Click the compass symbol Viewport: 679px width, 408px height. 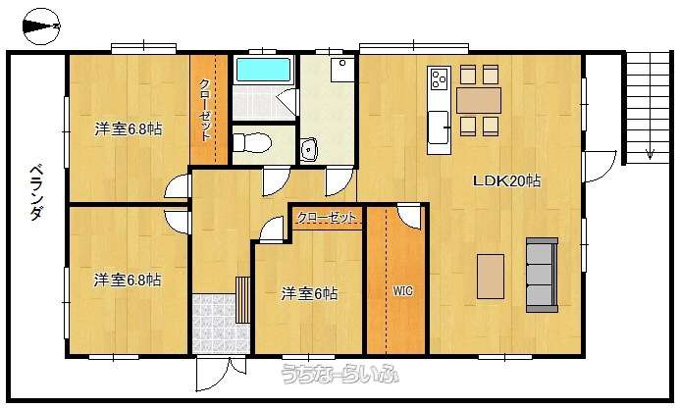pos(41,26)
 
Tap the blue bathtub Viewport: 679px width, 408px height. pos(263,70)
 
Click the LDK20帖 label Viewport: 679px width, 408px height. pos(506,180)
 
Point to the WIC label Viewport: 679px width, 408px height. pos(402,290)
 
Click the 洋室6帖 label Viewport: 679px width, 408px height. pos(309,294)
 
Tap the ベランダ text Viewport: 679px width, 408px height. pos(37,192)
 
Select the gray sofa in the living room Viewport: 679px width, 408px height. pos(543,275)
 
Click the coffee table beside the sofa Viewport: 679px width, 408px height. pos(491,277)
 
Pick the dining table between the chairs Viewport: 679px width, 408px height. pos(479,100)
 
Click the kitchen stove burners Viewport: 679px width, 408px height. pos(440,78)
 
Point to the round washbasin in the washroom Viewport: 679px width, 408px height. pos(309,149)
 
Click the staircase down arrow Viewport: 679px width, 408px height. pos(650,154)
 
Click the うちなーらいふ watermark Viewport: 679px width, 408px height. pos(339,374)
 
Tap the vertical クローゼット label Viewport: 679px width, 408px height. pos(205,110)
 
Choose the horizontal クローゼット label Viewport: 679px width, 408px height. pos(327,218)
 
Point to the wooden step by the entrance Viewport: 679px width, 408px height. pos(243,300)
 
